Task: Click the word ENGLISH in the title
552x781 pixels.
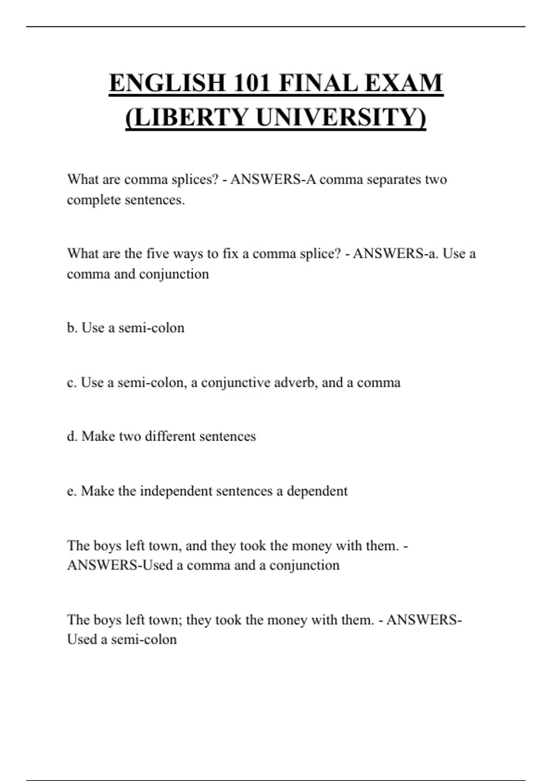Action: click(x=167, y=83)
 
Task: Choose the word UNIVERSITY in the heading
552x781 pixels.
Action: click(x=341, y=117)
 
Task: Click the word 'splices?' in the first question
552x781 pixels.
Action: click(x=195, y=179)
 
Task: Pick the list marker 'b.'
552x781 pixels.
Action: click(x=72, y=328)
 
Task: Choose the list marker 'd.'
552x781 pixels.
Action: click(x=72, y=436)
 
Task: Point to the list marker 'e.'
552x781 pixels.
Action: click(x=71, y=491)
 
